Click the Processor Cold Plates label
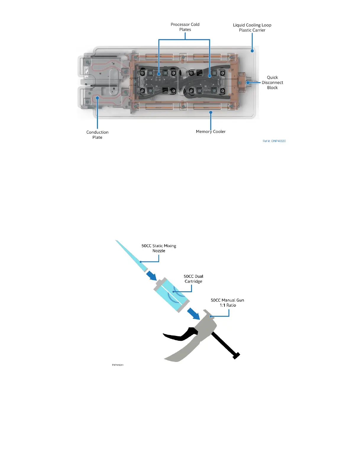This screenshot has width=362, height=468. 185,27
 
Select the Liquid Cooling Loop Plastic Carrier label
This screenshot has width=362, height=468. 252,27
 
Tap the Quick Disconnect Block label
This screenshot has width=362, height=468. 272,82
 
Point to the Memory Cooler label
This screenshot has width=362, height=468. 211,131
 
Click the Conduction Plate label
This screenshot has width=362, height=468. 97,135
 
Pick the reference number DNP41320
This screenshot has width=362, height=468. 274,141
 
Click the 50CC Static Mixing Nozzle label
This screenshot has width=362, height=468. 159,248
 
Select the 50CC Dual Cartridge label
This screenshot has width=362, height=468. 193,279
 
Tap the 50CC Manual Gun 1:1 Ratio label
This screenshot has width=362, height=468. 227,303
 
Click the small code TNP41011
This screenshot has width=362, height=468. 118,365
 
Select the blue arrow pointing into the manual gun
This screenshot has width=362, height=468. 194,313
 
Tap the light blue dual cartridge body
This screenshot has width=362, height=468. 172,295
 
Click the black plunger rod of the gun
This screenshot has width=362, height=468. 225,344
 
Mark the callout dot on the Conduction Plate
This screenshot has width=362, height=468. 97,98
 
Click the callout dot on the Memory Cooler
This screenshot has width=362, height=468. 211,112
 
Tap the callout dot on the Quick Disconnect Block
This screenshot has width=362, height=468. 248,83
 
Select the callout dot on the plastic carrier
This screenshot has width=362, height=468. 252,51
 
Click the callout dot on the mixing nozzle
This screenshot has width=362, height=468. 140,262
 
